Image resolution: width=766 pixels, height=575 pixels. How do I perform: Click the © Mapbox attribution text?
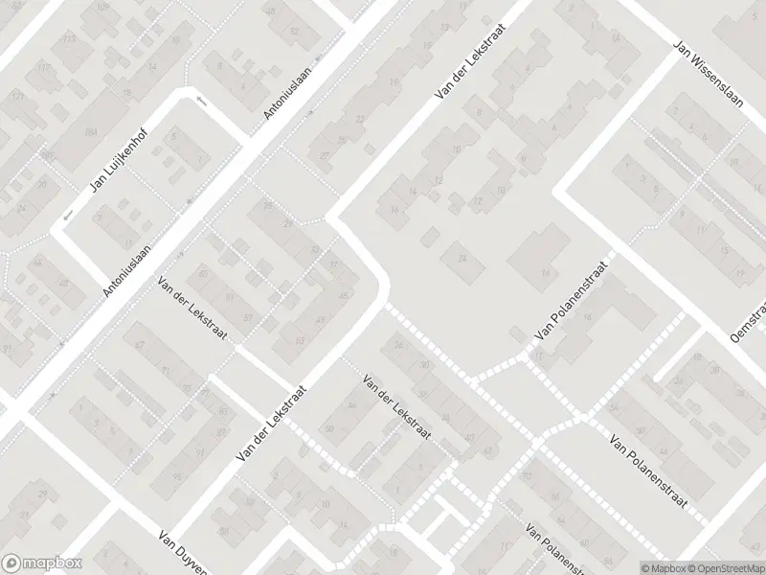coord(663,568)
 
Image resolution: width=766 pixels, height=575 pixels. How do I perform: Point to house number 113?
coord(68,39)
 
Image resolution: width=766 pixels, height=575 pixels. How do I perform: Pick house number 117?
coord(44,68)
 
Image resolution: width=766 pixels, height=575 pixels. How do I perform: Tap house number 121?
coord(17,98)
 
